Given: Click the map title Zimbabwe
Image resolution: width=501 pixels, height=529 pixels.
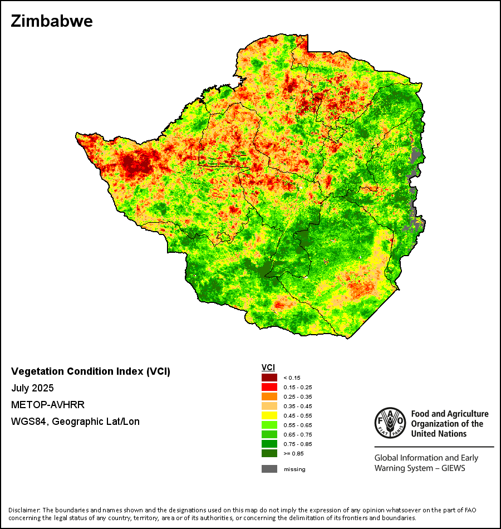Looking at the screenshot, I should pyautogui.click(x=52, y=21).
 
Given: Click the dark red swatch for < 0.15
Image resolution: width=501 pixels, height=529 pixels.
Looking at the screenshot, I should pyautogui.click(x=269, y=378).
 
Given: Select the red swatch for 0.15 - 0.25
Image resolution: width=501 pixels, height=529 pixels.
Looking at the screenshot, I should pyautogui.click(x=269, y=387).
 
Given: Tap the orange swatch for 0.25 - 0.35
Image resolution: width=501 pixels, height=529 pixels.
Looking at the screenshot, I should pyautogui.click(x=269, y=396).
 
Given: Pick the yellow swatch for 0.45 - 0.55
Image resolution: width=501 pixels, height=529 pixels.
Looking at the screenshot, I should pyautogui.click(x=269, y=415).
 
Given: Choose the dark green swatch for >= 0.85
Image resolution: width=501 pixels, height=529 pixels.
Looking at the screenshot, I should pyautogui.click(x=269, y=453).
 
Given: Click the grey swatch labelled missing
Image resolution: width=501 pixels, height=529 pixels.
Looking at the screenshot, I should pyautogui.click(x=269, y=469).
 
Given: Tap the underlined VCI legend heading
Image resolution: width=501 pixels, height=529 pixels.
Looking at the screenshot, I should pyautogui.click(x=268, y=368).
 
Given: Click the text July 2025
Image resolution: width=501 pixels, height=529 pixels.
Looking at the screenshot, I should pyautogui.click(x=32, y=388).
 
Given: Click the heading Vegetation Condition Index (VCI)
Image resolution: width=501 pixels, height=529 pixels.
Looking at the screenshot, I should pyautogui.click(x=91, y=371).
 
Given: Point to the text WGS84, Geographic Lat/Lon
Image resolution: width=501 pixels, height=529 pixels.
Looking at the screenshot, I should pyautogui.click(x=75, y=422).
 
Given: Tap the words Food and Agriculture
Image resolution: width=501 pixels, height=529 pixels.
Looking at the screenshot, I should pyautogui.click(x=450, y=414).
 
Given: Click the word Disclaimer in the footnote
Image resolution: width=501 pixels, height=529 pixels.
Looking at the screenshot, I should pyautogui.click(x=23, y=510).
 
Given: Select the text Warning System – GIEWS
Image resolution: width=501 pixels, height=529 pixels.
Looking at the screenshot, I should pyautogui.click(x=420, y=468).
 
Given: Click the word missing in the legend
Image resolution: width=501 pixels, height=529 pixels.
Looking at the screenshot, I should pyautogui.click(x=294, y=469).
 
